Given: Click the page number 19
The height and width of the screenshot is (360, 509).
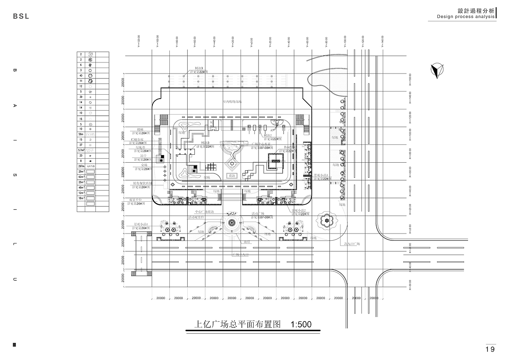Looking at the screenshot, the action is (x=490, y=349).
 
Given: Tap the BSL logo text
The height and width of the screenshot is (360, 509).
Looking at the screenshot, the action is (x=21, y=16).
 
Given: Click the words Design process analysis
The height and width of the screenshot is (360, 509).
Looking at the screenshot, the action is (x=466, y=17).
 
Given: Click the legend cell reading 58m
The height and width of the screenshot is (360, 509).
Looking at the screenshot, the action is (x=81, y=134).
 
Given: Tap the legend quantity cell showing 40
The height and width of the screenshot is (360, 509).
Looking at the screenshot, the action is (x=81, y=75).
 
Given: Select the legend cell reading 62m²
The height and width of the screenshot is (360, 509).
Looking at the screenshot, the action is (x=81, y=176).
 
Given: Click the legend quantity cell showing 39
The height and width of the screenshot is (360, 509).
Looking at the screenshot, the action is (x=81, y=97).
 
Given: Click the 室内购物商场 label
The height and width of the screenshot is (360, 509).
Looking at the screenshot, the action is (x=232, y=102).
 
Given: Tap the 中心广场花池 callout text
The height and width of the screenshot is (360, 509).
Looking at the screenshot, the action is (x=204, y=212).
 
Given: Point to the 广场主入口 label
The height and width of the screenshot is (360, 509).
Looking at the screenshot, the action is (x=240, y=254).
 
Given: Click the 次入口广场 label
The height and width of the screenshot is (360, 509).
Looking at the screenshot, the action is (x=352, y=243).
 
